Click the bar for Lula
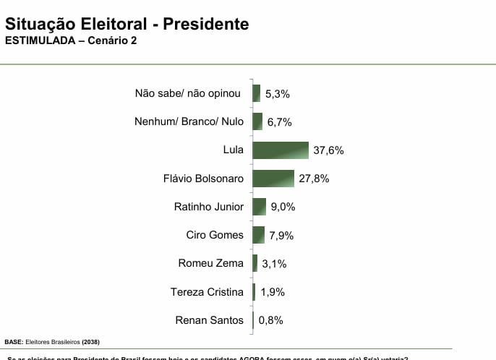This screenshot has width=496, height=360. coord(281,150)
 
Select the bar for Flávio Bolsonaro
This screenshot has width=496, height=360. coord(273,179)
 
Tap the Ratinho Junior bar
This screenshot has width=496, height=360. coord(260,207)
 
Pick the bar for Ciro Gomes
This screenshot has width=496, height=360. coord(259,235)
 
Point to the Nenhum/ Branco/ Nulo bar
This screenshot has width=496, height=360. coord(257,121)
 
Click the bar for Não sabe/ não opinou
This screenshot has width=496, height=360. coord(256,93)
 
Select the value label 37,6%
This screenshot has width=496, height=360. coord(328,150)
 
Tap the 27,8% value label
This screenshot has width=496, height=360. coord(314,179)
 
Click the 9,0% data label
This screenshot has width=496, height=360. coord(283,207)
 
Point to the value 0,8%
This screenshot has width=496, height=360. coord(271,320)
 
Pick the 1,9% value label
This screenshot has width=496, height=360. coord(273,292)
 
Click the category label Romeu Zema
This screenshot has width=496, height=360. coord(211,263)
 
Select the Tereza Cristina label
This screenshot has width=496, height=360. coord(207,291)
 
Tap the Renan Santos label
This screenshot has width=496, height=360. coord(210,320)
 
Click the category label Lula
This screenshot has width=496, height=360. coord(234,150)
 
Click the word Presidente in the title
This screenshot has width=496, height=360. coord(205,24)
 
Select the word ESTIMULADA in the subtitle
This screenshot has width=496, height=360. coord(40,40)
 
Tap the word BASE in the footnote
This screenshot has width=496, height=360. coord(13,340)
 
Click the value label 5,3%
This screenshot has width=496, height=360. coord(277,93)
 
